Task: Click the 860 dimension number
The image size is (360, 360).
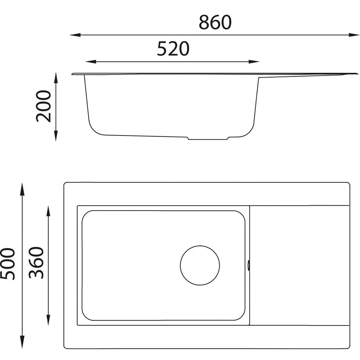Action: pyautogui.click(x=215, y=22)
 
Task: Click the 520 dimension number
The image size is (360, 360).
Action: pyautogui.click(x=173, y=49)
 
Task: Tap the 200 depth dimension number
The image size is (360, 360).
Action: pyautogui.click(x=43, y=106)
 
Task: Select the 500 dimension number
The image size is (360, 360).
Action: pyautogui.click(x=8, y=264)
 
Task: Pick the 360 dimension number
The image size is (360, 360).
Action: pyautogui.click(x=36, y=263)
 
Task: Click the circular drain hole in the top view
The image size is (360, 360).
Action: pyautogui.click(x=200, y=265)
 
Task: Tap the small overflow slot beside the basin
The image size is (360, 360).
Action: pyautogui.click(x=249, y=265)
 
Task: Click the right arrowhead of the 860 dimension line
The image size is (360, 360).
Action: pyautogui.click(x=354, y=35)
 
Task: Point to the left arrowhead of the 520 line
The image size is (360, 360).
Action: pyautogui.click(x=91, y=62)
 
